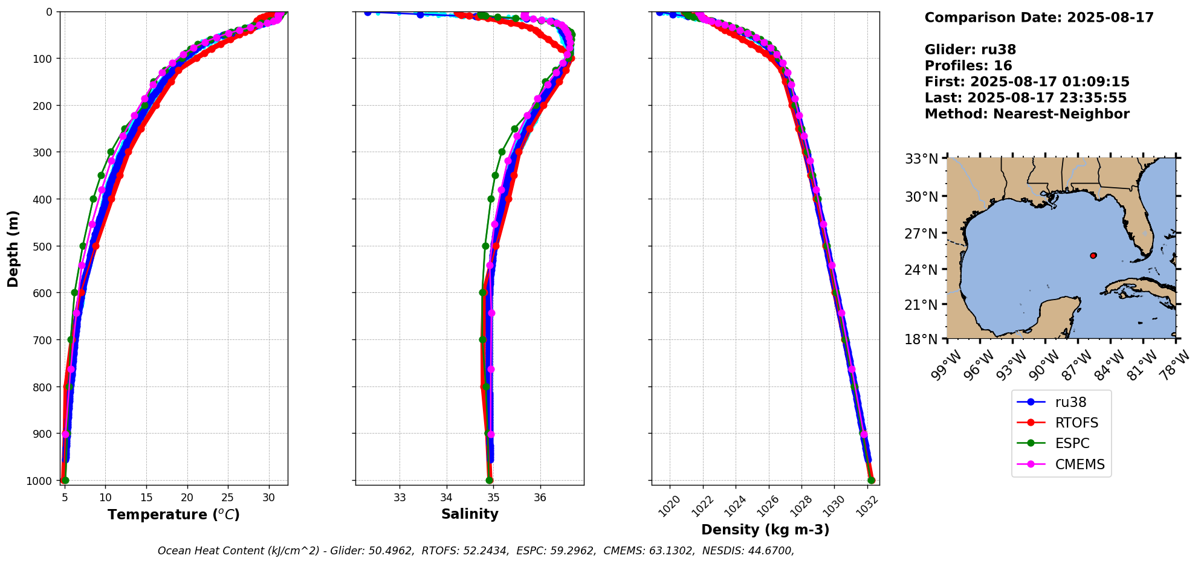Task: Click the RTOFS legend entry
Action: pyautogui.click(x=1076, y=423)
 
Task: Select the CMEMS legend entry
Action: pyautogui.click(x=1080, y=464)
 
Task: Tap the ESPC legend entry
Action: pyautogui.click(x=1072, y=443)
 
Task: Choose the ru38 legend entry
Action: pyautogui.click(x=1070, y=402)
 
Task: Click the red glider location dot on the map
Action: pyautogui.click(x=1093, y=255)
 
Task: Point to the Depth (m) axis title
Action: pyautogui.click(x=13, y=248)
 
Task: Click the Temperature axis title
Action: pyautogui.click(x=173, y=514)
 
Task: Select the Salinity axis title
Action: pyautogui.click(x=470, y=514)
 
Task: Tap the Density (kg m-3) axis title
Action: pyautogui.click(x=765, y=530)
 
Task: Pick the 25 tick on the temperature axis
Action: pyautogui.click(x=228, y=498)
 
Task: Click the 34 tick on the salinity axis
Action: pyautogui.click(x=446, y=498)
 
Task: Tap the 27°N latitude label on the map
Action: pyautogui.click(x=921, y=233)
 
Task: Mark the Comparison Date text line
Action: pyautogui.click(x=1039, y=18)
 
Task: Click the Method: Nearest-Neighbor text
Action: pyautogui.click(x=1027, y=114)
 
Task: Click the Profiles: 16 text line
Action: pyautogui.click(x=968, y=66)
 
